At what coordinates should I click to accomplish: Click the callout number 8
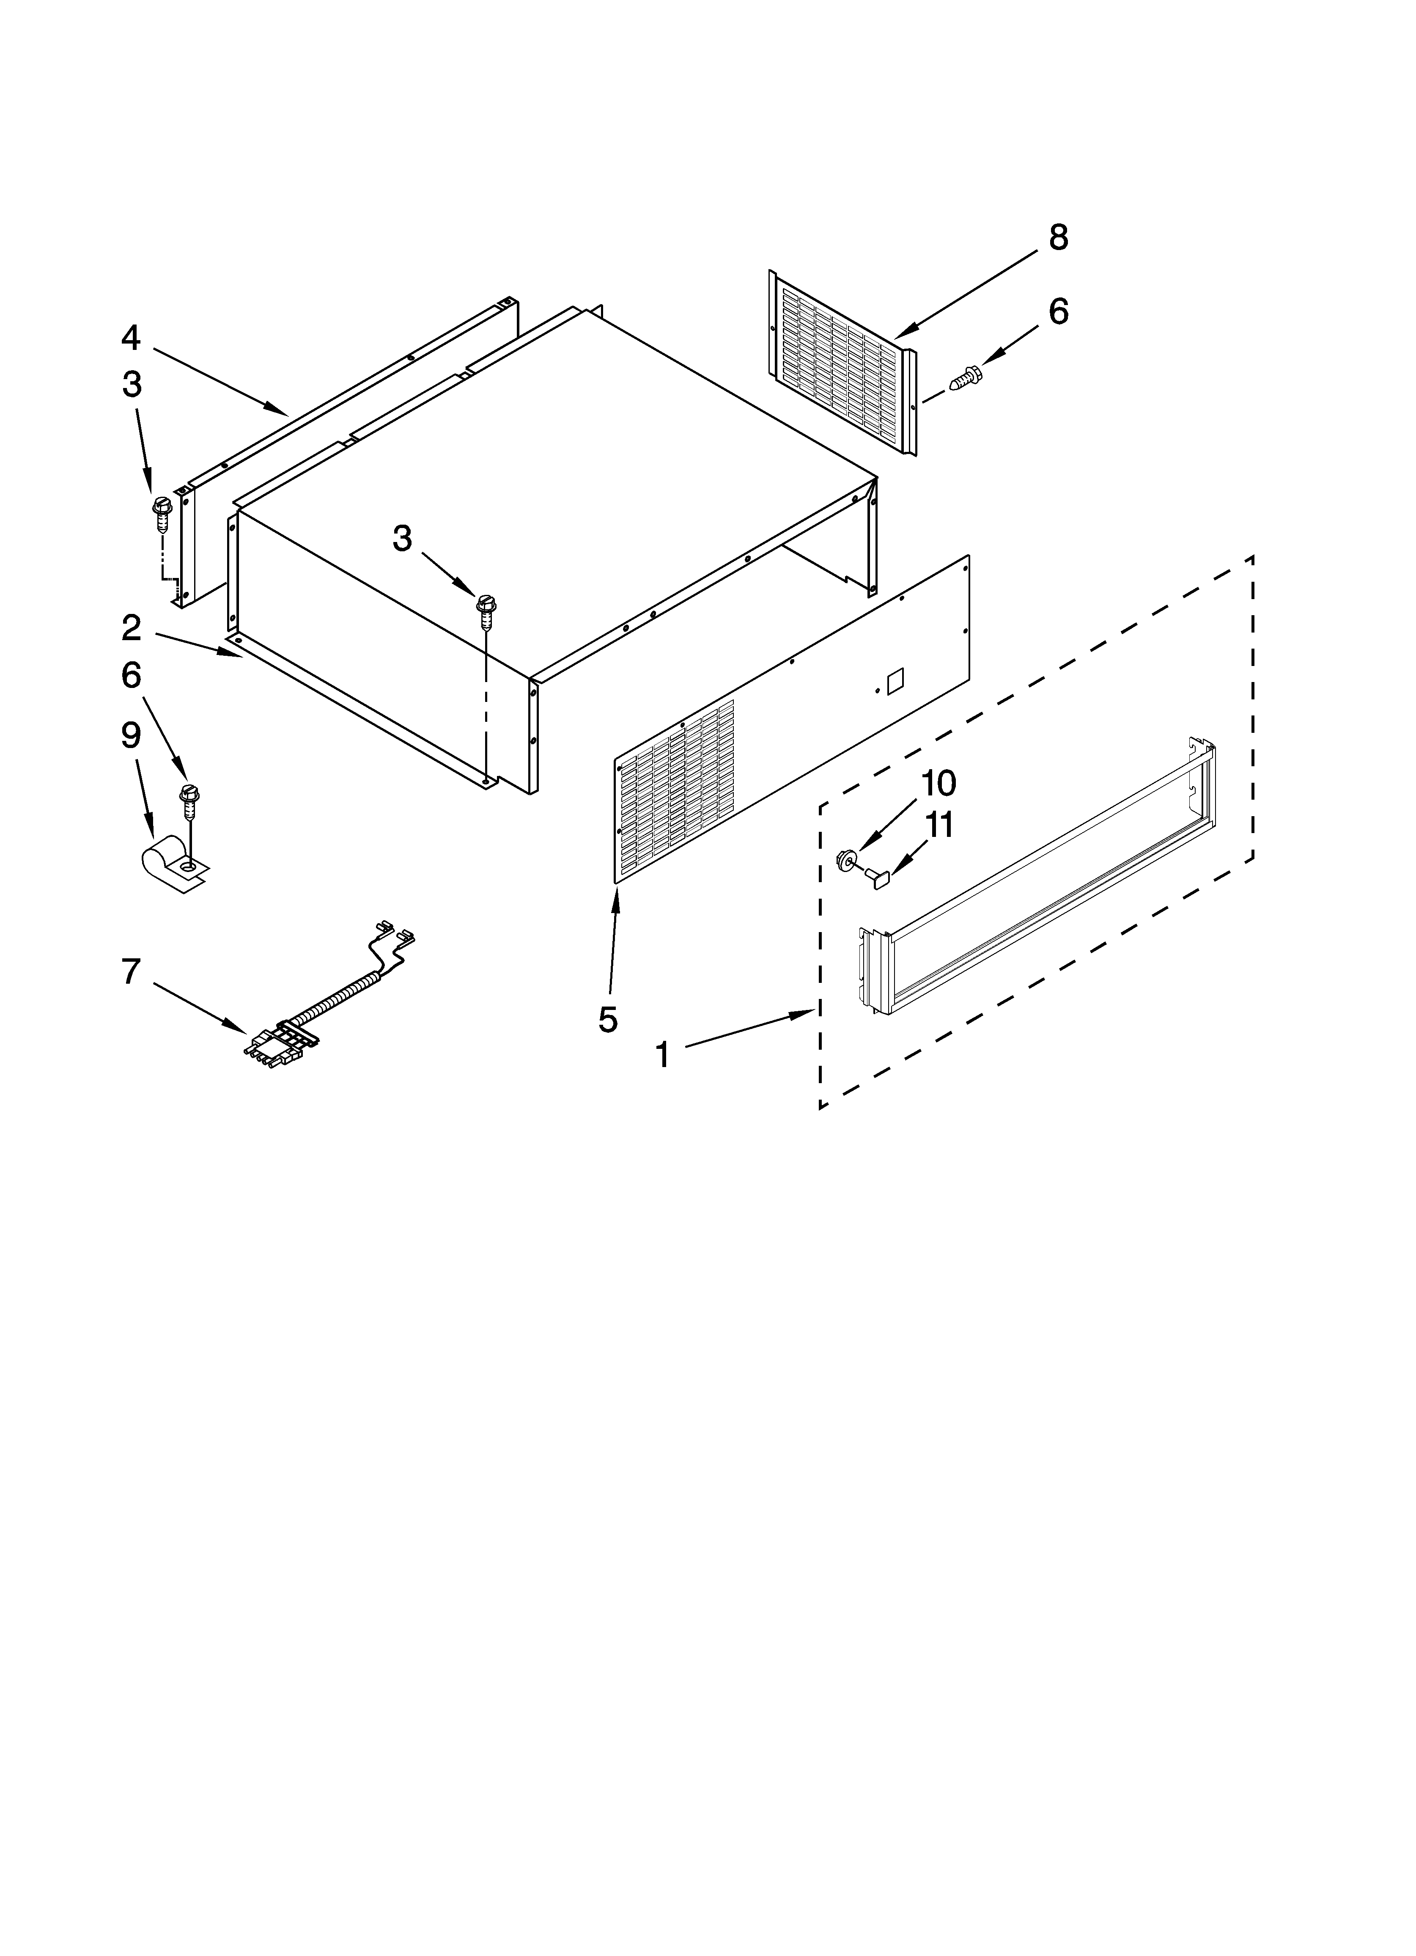[1058, 237]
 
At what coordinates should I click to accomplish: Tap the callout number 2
[131, 628]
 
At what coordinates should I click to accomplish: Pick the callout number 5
[608, 1019]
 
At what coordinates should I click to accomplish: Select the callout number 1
[662, 1054]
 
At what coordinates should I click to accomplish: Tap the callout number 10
[938, 783]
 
